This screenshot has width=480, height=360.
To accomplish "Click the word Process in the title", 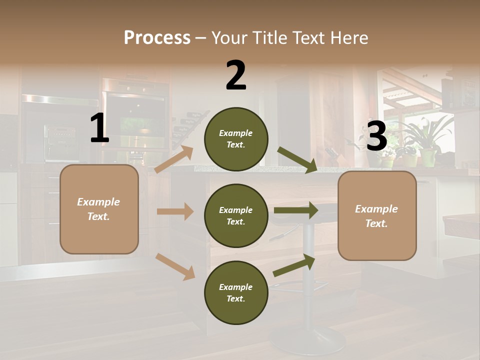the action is (x=157, y=37).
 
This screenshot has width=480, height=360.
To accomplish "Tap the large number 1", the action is (x=99, y=127).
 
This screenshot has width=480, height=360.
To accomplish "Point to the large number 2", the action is (x=235, y=75).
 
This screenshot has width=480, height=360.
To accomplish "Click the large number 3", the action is (x=377, y=135).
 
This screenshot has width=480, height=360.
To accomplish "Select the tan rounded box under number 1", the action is (x=99, y=209).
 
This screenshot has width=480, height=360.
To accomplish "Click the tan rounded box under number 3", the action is (x=377, y=216).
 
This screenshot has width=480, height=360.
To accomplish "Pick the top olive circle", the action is (x=236, y=139).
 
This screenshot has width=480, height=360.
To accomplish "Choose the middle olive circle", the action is (x=236, y=216).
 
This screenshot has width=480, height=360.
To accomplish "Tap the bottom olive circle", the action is (x=236, y=292).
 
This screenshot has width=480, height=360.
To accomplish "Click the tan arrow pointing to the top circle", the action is (x=174, y=159).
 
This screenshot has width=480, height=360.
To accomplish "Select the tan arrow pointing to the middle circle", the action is (x=175, y=211).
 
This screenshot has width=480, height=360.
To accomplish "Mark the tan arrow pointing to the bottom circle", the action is (x=175, y=267).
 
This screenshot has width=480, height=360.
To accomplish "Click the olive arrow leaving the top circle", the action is (x=297, y=160).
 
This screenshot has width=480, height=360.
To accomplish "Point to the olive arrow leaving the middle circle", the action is (x=296, y=210).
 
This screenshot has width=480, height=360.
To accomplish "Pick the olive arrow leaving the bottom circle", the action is (x=294, y=265).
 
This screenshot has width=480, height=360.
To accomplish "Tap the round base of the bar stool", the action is (x=307, y=340).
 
